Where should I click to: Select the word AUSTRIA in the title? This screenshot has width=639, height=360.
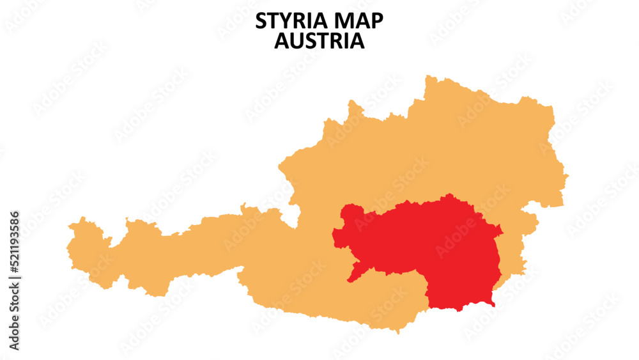pos(319,42)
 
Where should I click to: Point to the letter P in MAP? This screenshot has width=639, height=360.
pos(377,21)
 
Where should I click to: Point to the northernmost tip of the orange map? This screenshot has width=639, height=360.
pos(427,76)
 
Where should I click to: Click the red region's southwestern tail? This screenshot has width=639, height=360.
pos(350,279)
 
